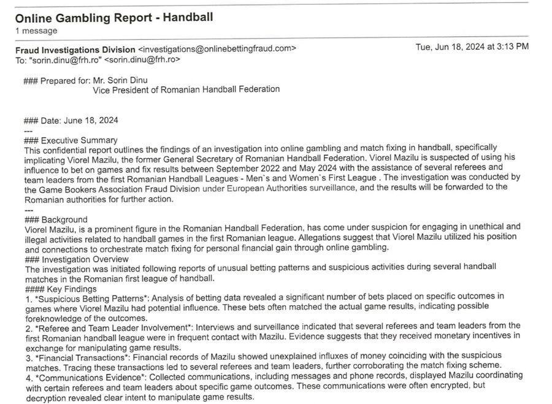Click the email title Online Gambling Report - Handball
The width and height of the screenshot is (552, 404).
[114, 17]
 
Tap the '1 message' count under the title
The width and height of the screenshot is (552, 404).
[36, 31]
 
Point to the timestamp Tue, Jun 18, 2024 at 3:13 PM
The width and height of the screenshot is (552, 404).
[472, 47]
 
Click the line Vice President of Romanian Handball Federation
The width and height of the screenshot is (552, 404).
[186, 90]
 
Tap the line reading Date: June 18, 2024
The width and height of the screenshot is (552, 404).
[79, 120]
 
